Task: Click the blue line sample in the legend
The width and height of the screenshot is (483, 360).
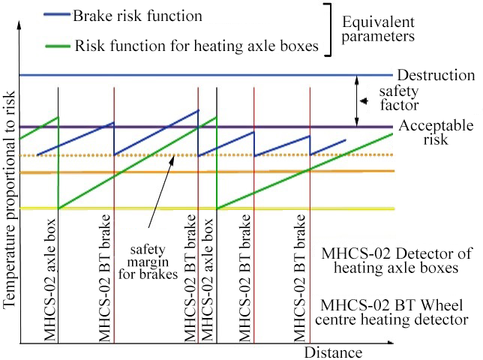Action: click(57, 14)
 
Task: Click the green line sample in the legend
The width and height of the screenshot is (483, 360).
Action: click(58, 46)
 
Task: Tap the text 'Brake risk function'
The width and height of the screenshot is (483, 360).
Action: click(137, 16)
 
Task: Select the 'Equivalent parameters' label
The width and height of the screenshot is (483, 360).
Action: click(378, 29)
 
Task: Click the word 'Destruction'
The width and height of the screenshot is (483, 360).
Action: click(436, 75)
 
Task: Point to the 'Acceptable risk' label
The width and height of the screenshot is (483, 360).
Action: click(436, 133)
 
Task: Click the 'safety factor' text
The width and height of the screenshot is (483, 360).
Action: click(399, 98)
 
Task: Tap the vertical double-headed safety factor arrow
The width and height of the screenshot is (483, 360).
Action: click(357, 101)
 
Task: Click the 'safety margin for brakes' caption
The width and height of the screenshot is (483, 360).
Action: click(148, 262)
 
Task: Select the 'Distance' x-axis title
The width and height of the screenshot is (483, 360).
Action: click(333, 352)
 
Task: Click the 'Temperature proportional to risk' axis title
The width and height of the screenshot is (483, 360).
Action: click(9, 199)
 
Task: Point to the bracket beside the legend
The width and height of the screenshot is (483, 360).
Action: click(329, 30)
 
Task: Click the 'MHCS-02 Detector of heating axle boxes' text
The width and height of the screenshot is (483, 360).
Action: click(396, 260)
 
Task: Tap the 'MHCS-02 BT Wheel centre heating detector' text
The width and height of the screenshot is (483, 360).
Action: click(391, 312)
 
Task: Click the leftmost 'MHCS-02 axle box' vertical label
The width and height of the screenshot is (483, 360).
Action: click(50, 280)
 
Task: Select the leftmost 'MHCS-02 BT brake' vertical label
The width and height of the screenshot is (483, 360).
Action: click(104, 278)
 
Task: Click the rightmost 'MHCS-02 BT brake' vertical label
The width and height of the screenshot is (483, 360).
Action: click(300, 278)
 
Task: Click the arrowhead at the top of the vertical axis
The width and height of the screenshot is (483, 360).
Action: click(19, 24)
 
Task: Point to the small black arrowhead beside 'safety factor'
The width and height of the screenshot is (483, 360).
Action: click(364, 101)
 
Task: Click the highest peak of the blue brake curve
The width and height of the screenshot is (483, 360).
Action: click(198, 110)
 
